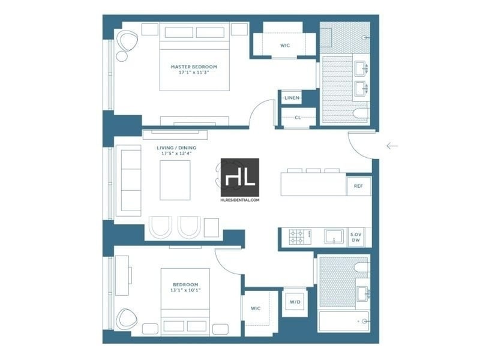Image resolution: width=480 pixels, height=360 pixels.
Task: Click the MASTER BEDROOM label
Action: tap(194, 67)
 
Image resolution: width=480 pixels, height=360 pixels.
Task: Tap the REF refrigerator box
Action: tap(358, 186)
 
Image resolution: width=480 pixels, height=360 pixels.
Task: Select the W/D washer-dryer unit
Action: tap(295, 302)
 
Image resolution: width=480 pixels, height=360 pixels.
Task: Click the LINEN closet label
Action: tap(292, 98)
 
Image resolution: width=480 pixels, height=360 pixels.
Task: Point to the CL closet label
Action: tap(298, 117)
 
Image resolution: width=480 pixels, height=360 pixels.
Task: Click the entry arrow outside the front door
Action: tap(392, 146)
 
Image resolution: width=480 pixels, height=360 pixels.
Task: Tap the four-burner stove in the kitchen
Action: tap(300, 237)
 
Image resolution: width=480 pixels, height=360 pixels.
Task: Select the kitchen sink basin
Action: tap(334, 236)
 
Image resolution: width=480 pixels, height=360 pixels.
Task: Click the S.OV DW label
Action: tap(356, 237)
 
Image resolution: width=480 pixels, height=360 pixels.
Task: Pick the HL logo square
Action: tap(240, 177)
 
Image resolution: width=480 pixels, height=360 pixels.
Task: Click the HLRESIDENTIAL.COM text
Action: tap(239, 200)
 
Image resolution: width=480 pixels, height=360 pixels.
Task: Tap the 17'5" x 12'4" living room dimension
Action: tap(176, 153)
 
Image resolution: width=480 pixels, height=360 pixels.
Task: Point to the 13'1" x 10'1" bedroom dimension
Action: tap(185, 290)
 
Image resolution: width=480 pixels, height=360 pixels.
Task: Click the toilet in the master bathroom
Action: tap(361, 113)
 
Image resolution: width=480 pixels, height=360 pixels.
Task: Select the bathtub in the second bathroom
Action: tap(343, 322)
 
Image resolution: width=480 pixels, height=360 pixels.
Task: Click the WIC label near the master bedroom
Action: tap(285, 46)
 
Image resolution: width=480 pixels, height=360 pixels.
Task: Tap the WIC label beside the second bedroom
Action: tap(256, 308)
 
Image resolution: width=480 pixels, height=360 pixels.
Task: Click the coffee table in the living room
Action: tap(175, 180)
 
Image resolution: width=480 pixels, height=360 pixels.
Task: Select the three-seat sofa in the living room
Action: tap(128, 181)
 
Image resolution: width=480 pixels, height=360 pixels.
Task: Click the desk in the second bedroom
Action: tap(122, 276)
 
